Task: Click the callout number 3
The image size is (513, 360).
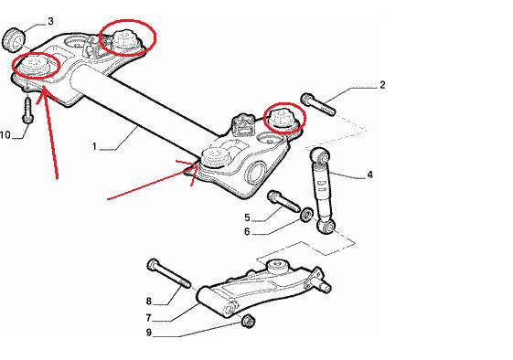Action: click(x=50, y=21)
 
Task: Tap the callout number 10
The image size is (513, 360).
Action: click(x=5, y=134)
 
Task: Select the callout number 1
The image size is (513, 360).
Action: click(x=94, y=146)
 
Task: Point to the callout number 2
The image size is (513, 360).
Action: click(x=382, y=85)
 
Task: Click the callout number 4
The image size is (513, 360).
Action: click(x=370, y=175)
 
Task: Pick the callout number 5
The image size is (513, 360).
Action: click(x=247, y=217)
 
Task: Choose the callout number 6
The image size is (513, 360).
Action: click(x=247, y=231)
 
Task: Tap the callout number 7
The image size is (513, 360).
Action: click(x=148, y=317)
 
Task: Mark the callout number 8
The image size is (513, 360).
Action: click(x=149, y=301)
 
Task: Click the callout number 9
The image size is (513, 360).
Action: click(x=149, y=333)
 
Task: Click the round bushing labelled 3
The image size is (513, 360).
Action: click(x=14, y=40)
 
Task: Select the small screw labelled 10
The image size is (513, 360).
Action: click(x=27, y=110)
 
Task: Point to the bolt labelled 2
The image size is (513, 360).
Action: click(x=318, y=104)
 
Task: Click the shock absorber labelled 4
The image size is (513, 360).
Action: click(x=323, y=191)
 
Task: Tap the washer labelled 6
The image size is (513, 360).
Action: click(x=307, y=214)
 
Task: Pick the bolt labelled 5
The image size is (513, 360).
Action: click(x=283, y=201)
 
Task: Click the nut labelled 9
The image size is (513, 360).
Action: click(x=248, y=321)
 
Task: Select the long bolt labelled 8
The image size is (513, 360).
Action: click(x=169, y=274)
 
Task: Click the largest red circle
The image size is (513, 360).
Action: click(x=128, y=37)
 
